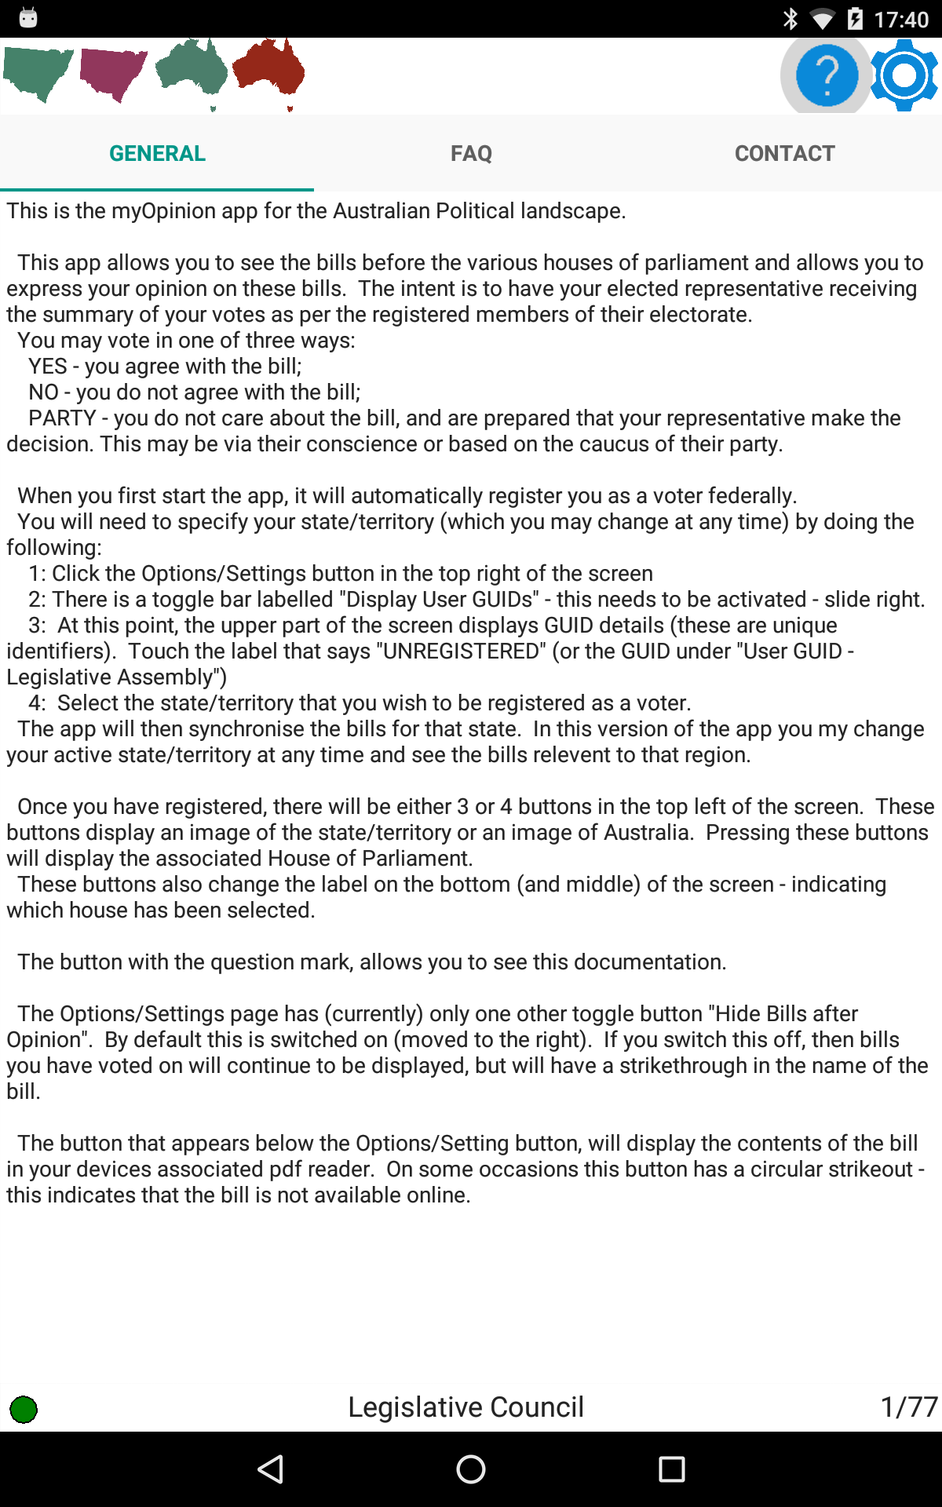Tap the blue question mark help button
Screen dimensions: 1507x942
(826, 75)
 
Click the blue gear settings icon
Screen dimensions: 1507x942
(904, 75)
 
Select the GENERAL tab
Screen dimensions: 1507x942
(157, 153)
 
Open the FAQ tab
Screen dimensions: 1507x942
(471, 153)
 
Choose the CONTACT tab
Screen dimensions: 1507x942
(785, 153)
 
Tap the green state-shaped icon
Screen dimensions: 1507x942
(38, 73)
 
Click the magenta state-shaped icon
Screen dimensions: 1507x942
(114, 73)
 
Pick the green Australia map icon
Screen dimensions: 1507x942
(192, 71)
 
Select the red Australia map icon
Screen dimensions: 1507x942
(268, 71)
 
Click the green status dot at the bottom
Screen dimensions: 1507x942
(24, 1409)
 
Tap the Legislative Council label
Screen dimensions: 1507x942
(466, 1407)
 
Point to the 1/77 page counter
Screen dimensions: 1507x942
(908, 1407)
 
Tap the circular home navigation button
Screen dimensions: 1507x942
(471, 1469)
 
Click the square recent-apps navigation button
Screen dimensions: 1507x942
(671, 1469)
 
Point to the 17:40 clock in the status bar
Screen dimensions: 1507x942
(901, 19)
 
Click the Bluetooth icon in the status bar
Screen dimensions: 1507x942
(790, 19)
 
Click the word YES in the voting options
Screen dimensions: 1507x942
(48, 367)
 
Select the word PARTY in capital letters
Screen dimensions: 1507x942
(62, 418)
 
